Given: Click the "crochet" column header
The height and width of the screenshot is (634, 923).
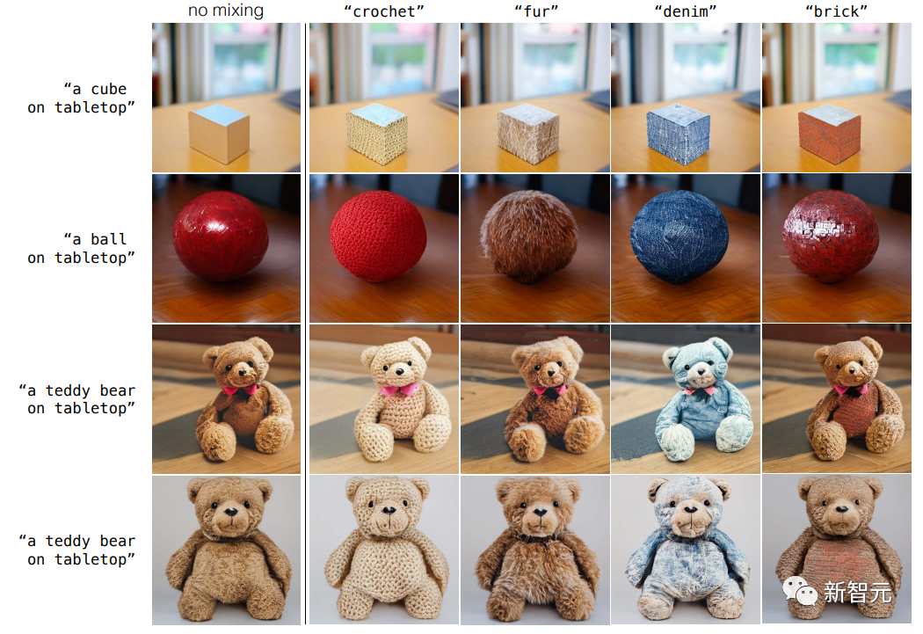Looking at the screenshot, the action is click(x=384, y=11).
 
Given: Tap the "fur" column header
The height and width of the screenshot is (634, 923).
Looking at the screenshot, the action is click(x=535, y=11).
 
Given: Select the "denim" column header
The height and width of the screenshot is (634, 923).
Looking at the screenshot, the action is click(x=685, y=11).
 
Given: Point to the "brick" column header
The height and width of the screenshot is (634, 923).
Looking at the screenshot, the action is click(x=836, y=11).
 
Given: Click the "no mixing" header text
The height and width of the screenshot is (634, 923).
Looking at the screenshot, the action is click(x=226, y=11).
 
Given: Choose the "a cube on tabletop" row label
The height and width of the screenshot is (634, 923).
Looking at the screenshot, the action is click(x=81, y=98).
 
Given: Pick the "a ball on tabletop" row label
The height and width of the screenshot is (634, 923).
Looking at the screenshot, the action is click(x=81, y=248).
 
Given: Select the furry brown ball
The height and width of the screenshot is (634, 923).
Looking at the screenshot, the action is click(x=529, y=235).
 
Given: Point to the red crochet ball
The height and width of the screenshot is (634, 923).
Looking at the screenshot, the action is click(x=379, y=236).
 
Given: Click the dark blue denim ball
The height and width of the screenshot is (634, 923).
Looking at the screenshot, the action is click(x=680, y=237).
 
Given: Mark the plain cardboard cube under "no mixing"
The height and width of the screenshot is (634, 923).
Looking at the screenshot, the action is click(x=219, y=134).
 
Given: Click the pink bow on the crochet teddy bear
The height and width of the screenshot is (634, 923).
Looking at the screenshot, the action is click(x=398, y=390).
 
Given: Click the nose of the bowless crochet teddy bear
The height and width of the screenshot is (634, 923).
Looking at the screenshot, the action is click(x=389, y=510).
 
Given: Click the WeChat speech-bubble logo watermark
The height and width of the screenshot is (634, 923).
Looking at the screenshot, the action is click(x=799, y=590).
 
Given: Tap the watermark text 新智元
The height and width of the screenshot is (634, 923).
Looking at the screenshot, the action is click(x=858, y=592).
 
